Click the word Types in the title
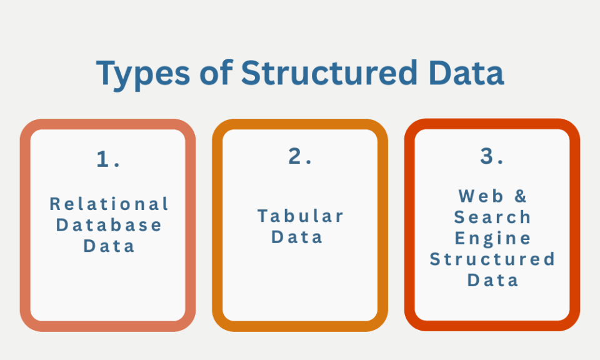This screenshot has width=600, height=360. tap(143, 74)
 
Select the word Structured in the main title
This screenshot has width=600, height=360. tap(329, 72)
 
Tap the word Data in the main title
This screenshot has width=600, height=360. tap(466, 72)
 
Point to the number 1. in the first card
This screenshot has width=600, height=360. tap(108, 159)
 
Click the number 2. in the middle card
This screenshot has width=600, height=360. tap(301, 156)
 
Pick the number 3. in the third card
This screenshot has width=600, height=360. tap(492, 156)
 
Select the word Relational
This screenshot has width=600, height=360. tap(109, 204)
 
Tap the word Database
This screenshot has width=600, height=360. tap(109, 224)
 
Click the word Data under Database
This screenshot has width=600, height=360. tap(109, 246)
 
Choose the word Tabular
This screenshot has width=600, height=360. tap(301, 216)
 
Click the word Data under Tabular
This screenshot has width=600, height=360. tap(297, 237)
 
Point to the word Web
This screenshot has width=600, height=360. tap(481, 196)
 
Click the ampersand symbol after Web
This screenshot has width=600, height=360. tap(521, 196)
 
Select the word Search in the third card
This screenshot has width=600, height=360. tap(492, 217)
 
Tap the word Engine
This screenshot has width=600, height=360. tap(492, 239)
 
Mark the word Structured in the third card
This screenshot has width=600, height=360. tap(492, 259)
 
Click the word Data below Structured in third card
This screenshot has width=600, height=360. tap(493, 280)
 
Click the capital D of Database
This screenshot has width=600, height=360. tap(62, 224)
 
